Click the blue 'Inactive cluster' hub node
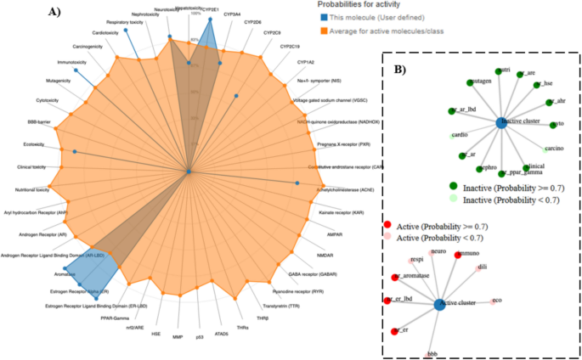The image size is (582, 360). [x=501, y=123]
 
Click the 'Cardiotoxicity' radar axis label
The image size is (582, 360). [x=106, y=32]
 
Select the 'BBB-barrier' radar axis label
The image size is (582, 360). [x=39, y=122]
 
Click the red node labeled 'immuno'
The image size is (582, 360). [x=459, y=254]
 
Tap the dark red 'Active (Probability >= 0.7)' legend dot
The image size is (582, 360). [x=389, y=226]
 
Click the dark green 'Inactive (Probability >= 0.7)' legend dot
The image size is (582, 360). [x=454, y=187]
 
